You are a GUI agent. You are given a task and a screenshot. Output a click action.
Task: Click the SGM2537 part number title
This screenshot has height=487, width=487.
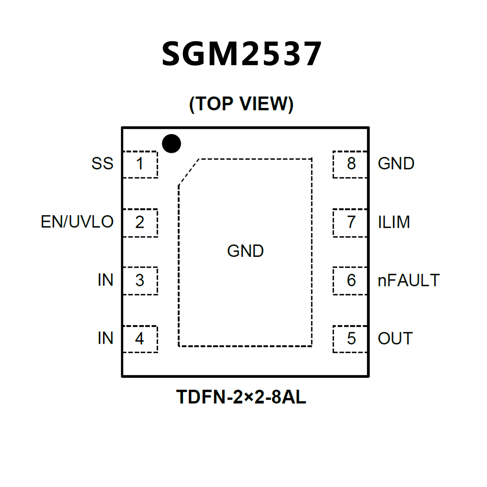(242, 54)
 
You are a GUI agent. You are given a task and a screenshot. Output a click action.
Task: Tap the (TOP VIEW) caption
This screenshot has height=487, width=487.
(241, 104)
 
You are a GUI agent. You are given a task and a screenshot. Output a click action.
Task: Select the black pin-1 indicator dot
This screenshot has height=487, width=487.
(171, 143)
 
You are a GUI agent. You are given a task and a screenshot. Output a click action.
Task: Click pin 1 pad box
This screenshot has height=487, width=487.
(140, 164)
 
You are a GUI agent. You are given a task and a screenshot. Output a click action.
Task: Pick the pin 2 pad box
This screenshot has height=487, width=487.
(140, 223)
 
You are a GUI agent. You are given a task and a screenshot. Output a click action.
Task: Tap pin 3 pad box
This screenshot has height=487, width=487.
(140, 281)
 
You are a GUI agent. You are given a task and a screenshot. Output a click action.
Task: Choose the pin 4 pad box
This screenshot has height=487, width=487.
(140, 339)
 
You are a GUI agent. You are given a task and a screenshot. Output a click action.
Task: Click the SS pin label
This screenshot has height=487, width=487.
(102, 164)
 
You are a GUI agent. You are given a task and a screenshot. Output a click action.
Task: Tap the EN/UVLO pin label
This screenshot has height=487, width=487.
(77, 222)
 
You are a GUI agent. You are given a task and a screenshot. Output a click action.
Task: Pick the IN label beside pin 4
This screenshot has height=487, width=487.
(105, 338)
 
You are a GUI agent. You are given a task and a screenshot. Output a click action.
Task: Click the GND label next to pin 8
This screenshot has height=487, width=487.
(396, 164)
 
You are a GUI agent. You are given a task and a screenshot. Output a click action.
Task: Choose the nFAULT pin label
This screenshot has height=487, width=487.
(409, 280)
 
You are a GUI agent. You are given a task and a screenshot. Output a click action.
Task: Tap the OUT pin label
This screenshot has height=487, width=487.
(395, 339)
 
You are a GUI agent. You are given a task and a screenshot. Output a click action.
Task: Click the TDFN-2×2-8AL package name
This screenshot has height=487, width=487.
(241, 397)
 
